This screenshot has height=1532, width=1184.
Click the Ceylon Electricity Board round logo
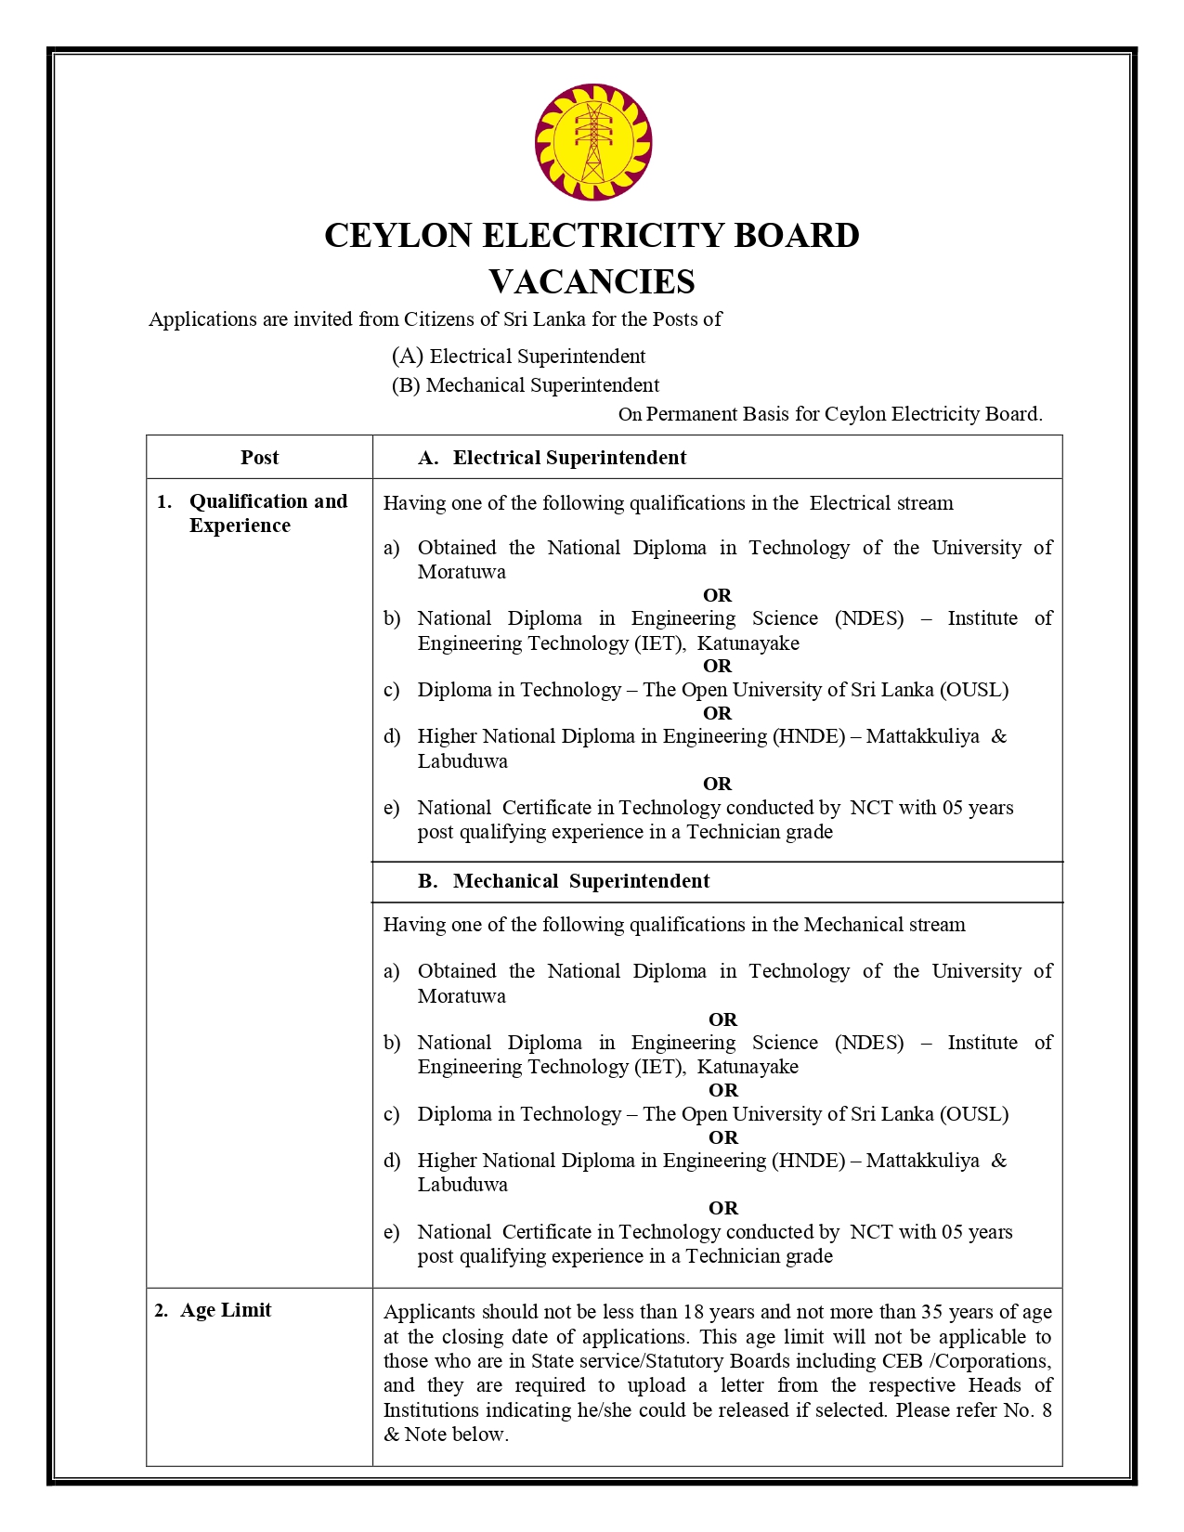[592, 142]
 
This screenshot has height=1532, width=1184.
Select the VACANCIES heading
[592, 282]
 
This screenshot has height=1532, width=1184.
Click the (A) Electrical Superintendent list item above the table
[518, 357]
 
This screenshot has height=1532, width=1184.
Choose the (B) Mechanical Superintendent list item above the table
[525, 385]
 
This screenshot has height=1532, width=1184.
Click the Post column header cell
[259, 457]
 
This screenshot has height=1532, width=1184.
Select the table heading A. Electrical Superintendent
[553, 458]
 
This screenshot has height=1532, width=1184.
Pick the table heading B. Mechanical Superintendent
[564, 881]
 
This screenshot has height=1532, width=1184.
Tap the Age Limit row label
[225, 1310]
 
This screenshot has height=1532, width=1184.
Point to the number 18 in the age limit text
[694, 1312]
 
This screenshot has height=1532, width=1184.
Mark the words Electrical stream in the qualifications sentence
[881, 503]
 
